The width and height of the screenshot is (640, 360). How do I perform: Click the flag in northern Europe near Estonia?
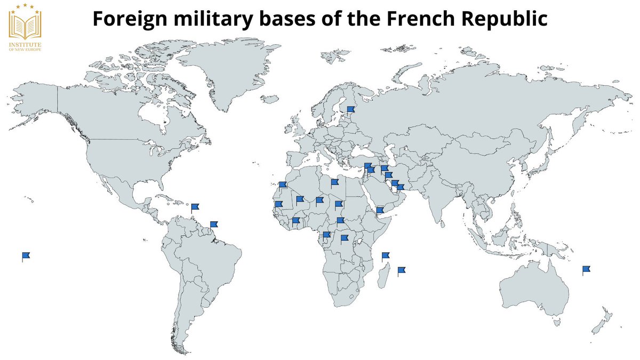tap(350, 110)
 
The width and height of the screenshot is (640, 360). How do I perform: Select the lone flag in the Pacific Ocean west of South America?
tap(26, 256)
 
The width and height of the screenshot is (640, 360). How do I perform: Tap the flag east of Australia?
tap(586, 269)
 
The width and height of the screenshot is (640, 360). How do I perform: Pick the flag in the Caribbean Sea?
tap(195, 207)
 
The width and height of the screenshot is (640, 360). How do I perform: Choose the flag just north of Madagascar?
tap(385, 256)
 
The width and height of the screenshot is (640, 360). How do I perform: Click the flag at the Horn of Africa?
tap(380, 211)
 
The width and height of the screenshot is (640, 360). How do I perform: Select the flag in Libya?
tap(334, 183)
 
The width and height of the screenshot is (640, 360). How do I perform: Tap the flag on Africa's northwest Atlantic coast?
tap(283, 185)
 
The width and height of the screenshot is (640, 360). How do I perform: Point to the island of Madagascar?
tap(381, 277)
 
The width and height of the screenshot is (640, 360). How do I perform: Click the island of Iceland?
tap(271, 99)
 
